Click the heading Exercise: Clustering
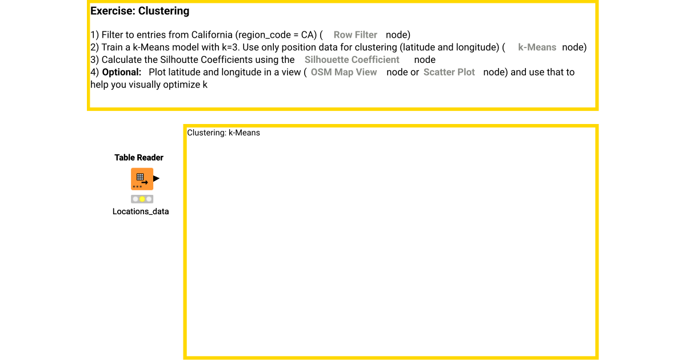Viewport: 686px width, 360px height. point(139,11)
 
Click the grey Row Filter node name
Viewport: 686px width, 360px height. point(355,35)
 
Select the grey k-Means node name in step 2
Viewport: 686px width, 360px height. point(537,47)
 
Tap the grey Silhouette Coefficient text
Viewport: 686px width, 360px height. point(352,60)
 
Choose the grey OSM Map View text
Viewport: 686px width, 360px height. point(344,73)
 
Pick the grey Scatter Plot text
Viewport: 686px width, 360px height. point(449,73)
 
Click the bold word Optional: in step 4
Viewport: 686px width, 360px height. point(122,73)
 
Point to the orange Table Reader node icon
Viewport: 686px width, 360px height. point(142,179)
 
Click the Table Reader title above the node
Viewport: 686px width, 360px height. point(139,158)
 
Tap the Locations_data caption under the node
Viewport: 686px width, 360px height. point(141,211)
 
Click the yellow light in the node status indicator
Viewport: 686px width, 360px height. point(142,199)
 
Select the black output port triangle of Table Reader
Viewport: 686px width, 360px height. point(156,179)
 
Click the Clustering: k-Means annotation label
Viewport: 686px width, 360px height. point(224,133)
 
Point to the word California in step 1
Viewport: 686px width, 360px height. point(210,35)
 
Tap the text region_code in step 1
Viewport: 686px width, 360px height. point(266,35)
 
